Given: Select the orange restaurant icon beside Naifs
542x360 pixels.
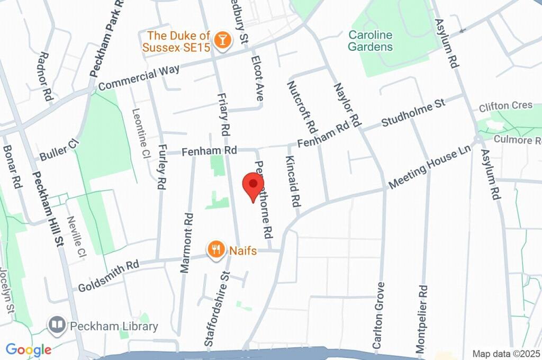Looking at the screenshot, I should point(215,249).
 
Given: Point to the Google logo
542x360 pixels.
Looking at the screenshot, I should point(29,349).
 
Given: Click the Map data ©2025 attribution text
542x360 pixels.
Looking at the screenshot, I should point(506,354).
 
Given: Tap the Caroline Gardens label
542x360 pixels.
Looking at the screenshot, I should point(371,41).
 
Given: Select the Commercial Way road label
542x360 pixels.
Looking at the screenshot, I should point(139,77).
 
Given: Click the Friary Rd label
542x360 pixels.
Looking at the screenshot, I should point(224,113).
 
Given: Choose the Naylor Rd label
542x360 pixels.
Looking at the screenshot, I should point(347,105).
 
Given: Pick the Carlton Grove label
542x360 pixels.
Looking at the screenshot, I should point(378,316).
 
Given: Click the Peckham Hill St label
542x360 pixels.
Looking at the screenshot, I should point(48,210).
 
